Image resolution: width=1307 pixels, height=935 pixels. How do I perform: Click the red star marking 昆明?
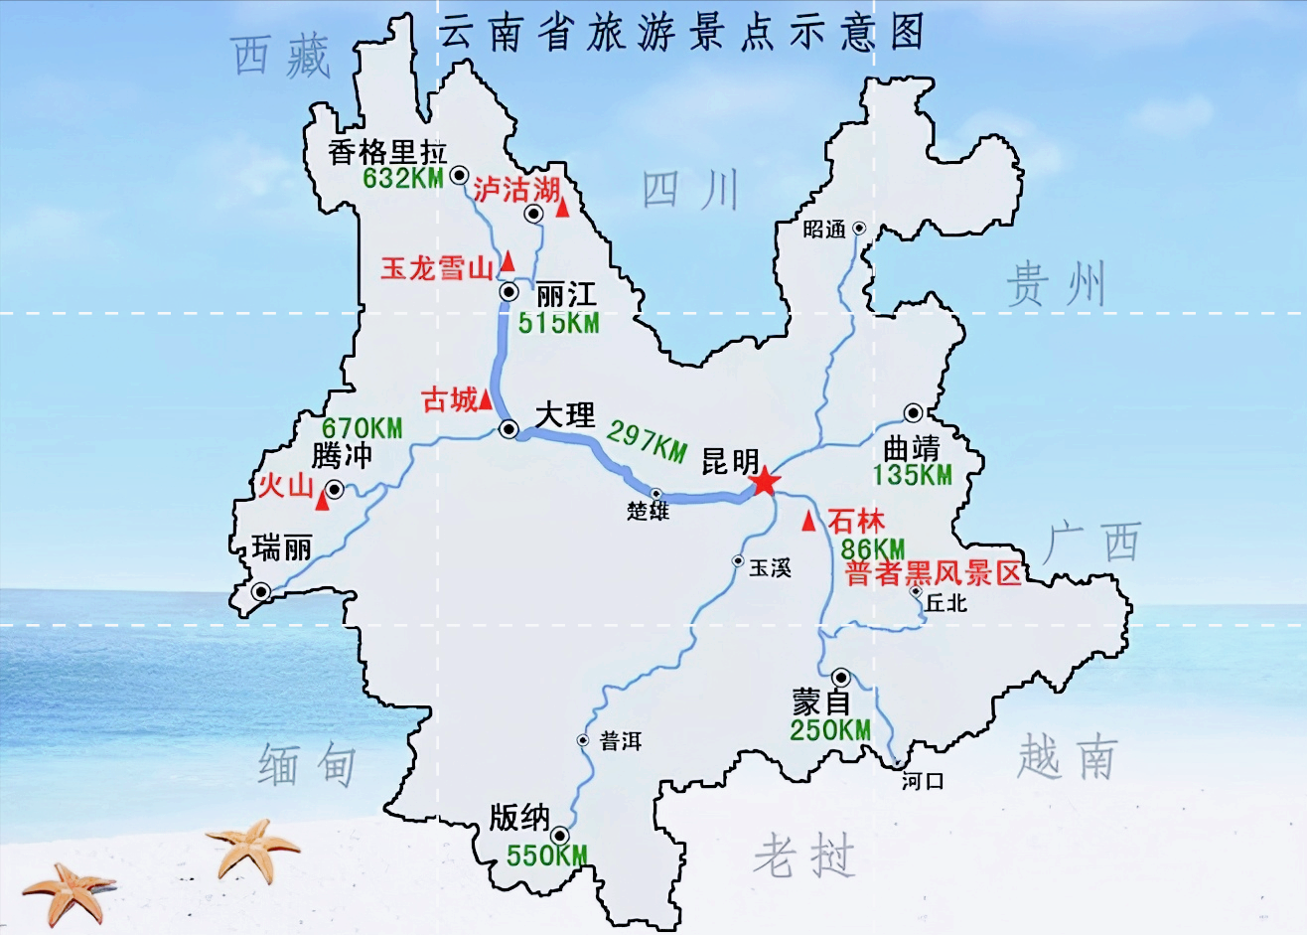tap(764, 483)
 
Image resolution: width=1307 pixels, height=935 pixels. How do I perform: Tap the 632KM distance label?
tap(402, 179)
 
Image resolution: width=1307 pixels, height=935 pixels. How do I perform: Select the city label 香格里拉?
tap(387, 152)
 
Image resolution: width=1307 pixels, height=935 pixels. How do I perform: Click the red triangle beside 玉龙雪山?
tap(508, 261)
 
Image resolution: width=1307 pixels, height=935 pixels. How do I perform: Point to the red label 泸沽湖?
tap(516, 190)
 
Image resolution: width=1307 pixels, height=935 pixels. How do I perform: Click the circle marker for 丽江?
tap(509, 292)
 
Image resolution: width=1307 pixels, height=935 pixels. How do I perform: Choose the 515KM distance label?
tap(558, 323)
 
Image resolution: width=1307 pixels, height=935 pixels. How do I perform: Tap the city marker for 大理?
tap(509, 429)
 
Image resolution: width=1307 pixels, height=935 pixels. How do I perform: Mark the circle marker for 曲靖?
tap(913, 413)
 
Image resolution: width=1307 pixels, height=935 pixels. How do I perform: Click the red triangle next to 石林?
tap(809, 521)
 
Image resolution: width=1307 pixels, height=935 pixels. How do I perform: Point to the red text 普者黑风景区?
tap(933, 573)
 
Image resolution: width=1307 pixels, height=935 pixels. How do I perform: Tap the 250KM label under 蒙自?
tap(830, 730)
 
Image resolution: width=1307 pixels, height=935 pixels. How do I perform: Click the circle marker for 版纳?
tap(561, 836)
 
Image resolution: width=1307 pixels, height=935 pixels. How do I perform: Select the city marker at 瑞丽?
tap(261, 592)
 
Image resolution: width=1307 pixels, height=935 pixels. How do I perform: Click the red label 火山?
tap(285, 486)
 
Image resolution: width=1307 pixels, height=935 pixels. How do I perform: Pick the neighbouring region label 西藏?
tap(281, 57)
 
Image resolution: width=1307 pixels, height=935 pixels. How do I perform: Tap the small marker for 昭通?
tap(859, 229)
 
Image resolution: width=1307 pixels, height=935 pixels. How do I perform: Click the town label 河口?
tap(923, 781)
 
